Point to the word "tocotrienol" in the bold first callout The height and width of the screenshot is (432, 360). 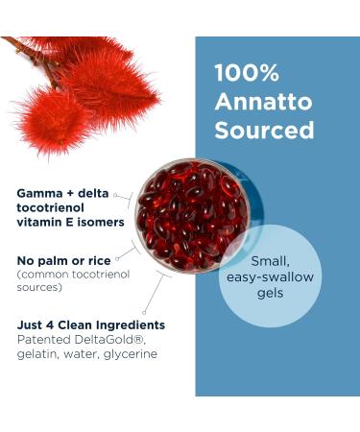pos(56,208)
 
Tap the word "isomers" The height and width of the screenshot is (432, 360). pos(102,223)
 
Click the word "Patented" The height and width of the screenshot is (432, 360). pos(43,339)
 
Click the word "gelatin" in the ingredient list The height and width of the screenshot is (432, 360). pos(39,354)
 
